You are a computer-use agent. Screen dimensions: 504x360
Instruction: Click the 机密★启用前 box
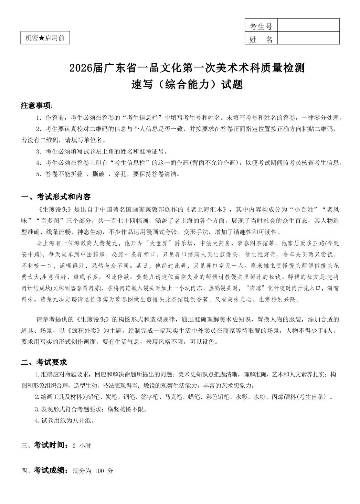(x=45, y=38)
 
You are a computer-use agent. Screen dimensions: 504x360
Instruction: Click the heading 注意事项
(x=36, y=106)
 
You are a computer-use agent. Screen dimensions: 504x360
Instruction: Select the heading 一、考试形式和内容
(x=56, y=197)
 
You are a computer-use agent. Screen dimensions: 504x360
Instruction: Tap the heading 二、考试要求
(x=44, y=362)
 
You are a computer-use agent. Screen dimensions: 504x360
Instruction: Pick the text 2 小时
(x=82, y=445)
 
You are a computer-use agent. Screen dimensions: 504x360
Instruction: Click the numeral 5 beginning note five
(x=38, y=174)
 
